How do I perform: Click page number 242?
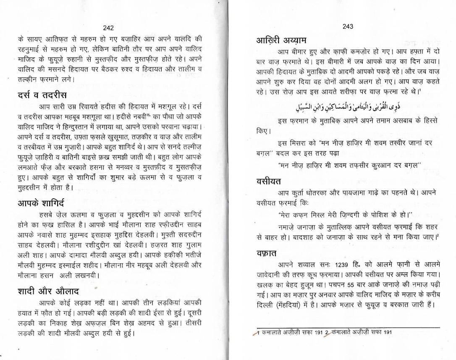108,28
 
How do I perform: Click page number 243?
348,26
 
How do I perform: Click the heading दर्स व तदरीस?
42,95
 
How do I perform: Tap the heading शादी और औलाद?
48,291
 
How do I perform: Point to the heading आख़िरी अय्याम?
281,40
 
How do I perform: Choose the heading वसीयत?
269,181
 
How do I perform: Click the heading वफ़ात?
268,253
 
